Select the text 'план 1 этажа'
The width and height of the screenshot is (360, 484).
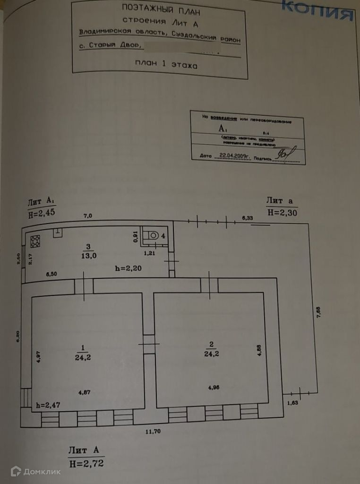click(x=165, y=65)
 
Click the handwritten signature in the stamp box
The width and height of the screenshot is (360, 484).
click(x=285, y=153)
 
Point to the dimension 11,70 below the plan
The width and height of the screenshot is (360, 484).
click(x=153, y=431)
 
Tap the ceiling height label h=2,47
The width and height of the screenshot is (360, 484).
click(x=48, y=405)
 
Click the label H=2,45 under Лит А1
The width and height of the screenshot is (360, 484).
click(x=42, y=212)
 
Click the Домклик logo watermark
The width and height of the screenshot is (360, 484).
click(x=36, y=471)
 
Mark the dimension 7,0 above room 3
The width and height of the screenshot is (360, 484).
click(x=88, y=216)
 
